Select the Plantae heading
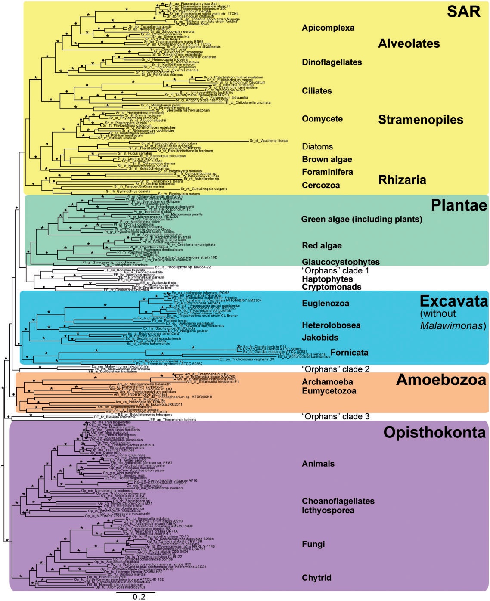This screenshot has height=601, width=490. point(459,205)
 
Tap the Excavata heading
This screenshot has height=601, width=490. point(453,300)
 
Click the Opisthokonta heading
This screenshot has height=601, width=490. point(434,432)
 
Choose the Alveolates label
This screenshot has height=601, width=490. point(409,43)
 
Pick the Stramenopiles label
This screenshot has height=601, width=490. point(420,120)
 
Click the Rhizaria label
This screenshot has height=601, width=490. point(402,180)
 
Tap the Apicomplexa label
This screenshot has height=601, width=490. point(328,28)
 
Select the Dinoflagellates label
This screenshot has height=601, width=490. point(332,62)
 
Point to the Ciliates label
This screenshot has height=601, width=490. point(317,91)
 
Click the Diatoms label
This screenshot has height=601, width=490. point(317,147)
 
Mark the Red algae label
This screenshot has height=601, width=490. point(322,246)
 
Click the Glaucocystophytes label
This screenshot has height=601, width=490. point(341,262)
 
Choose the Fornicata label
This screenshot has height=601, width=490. point(349,353)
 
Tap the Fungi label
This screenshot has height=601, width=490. point(313,544)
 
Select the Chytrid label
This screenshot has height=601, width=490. point(316,578)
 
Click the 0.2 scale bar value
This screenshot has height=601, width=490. point(139,597)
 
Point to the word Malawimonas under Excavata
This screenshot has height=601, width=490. point(453,326)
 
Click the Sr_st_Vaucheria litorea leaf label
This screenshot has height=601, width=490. point(269,141)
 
